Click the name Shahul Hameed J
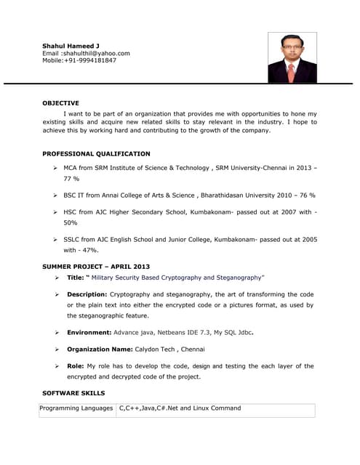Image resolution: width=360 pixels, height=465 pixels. (71, 46)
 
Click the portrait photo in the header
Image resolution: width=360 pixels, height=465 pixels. (292, 57)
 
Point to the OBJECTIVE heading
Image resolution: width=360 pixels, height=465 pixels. (60, 103)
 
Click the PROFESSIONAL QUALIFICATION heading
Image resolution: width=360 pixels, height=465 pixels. (96, 154)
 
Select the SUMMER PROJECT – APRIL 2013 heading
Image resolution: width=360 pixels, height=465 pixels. (96, 267)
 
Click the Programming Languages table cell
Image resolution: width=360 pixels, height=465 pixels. (76, 408)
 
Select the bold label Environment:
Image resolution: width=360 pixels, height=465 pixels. (89, 332)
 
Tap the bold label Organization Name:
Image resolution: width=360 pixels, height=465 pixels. (100, 349)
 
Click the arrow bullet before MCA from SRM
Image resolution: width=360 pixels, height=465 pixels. (55, 168)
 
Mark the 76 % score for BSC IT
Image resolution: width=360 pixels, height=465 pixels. (304, 195)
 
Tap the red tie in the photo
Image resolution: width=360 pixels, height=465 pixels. (291, 71)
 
